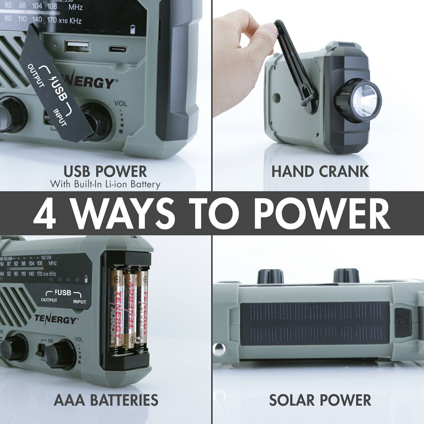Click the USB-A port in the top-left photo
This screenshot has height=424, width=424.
tap(77, 47)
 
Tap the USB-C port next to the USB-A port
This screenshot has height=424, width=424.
tap(118, 49)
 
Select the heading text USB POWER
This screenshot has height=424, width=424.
tap(105, 172)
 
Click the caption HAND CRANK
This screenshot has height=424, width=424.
tap(320, 172)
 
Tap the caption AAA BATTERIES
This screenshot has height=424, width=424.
tap(106, 400)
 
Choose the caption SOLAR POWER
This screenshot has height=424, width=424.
tap(320, 400)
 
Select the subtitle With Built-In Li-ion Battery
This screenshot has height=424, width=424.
tap(105, 184)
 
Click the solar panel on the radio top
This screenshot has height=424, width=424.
tap(315, 323)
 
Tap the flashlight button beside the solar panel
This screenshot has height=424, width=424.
tap(403, 323)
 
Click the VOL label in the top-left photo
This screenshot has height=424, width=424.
tap(121, 103)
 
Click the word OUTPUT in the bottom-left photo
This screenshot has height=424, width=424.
tap(49, 300)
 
